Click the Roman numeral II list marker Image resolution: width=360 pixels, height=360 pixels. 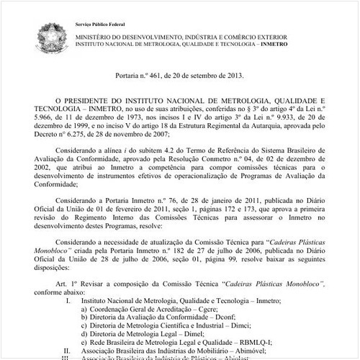[x=67, y=351]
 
